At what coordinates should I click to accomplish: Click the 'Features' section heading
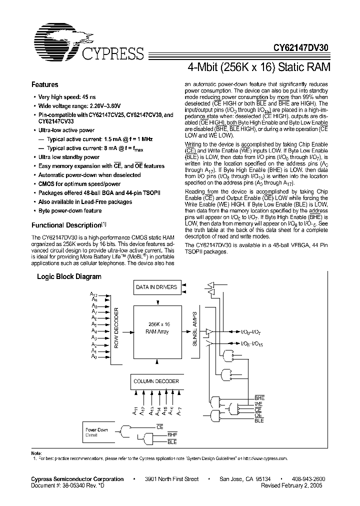click(x=44, y=85)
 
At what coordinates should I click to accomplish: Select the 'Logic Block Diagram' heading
click(x=69, y=276)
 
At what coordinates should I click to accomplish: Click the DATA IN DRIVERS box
click(x=156, y=287)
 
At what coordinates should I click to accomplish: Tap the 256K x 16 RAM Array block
click(x=157, y=327)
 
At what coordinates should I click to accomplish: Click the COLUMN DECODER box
click(x=156, y=381)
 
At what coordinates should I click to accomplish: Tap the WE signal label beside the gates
click(x=258, y=403)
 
